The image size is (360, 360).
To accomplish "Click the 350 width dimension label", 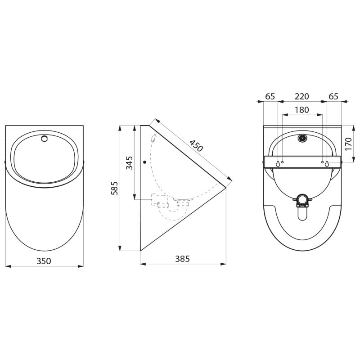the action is pyautogui.click(x=44, y=261).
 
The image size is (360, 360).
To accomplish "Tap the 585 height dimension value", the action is pyautogui.click(x=114, y=188).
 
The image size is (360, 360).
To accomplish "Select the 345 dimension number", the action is pyautogui.click(x=130, y=163).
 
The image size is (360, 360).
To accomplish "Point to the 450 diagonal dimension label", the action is pyautogui.click(x=196, y=146).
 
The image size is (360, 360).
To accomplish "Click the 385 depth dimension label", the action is pyautogui.click(x=183, y=259).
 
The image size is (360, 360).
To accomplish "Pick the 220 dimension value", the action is pyautogui.click(x=301, y=96).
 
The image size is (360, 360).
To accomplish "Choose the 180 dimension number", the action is pyautogui.click(x=301, y=110).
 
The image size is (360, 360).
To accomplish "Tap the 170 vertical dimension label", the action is pyautogui.click(x=348, y=144).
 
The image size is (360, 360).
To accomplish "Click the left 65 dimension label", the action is pyautogui.click(x=270, y=96).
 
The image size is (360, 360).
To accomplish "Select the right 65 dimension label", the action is pyautogui.click(x=333, y=96).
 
